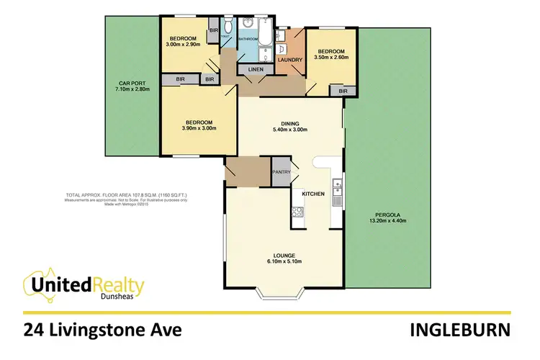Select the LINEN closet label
256,70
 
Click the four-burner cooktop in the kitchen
295,212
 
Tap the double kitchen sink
336,193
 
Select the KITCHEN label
313,194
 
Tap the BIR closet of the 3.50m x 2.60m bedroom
343,91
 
